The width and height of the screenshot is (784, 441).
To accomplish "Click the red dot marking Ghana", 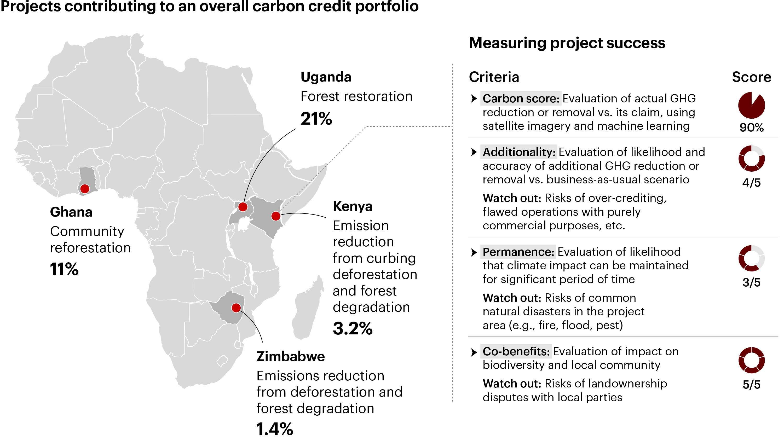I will (85, 189).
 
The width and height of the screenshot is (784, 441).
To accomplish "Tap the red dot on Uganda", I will (243, 207).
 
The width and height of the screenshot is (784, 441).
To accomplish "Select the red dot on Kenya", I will (276, 216).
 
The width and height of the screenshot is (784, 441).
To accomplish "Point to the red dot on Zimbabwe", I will (236, 308).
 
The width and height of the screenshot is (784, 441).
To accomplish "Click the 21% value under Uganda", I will (316, 118).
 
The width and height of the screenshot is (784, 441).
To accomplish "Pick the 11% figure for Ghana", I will (64, 269).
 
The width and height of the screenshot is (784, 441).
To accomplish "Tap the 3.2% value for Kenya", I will (353, 328).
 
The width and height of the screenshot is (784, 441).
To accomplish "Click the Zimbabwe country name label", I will (291, 356).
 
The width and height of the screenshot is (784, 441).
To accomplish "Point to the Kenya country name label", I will (353, 206).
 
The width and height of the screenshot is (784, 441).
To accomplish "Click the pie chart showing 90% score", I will (751, 105).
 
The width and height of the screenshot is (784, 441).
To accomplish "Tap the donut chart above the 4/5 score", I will (751, 159).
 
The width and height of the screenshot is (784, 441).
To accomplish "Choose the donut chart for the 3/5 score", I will (751, 258).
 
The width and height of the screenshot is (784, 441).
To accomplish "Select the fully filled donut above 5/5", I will (751, 360).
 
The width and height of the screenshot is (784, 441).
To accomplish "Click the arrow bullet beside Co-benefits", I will (474, 352).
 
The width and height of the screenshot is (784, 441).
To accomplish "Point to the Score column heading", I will (751, 77).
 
